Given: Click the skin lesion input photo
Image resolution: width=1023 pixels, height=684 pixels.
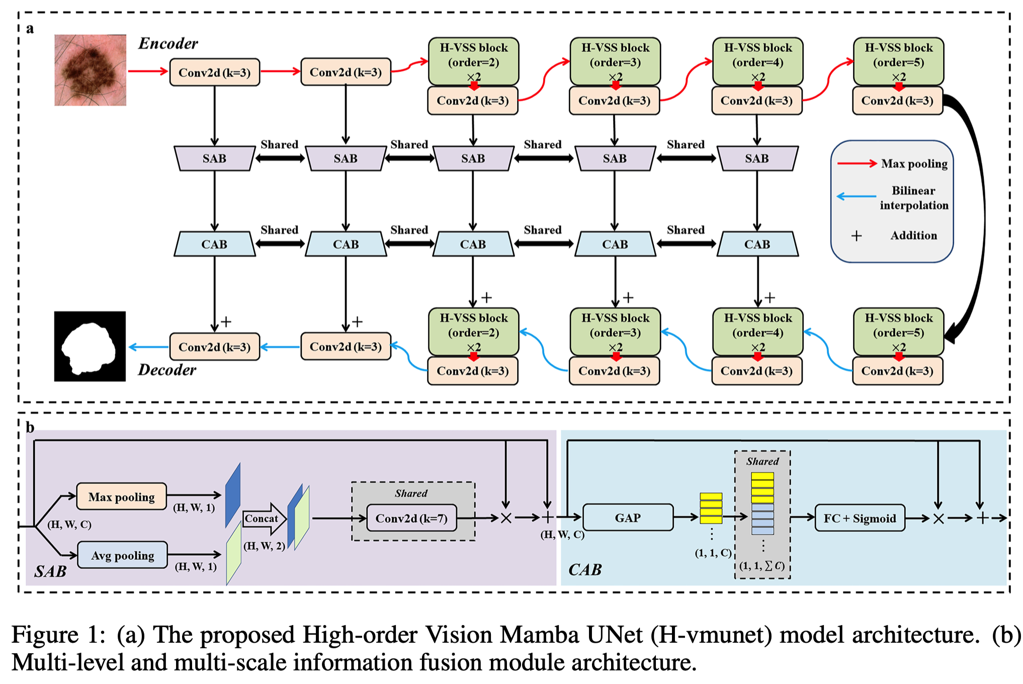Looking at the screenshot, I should pos(90,70).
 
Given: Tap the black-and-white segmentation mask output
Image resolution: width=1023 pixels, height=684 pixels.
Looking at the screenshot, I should pos(90,346).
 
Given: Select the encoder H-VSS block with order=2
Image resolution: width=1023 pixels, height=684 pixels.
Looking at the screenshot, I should pos(473,61).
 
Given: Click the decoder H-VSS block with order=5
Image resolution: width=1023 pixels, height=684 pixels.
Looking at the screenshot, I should pos(898,332).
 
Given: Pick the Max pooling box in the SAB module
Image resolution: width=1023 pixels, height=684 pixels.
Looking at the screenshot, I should pos(121,497).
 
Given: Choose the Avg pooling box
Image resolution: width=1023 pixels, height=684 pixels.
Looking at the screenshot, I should pos(123,555).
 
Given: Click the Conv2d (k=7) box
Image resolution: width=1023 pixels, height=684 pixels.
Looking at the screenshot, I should pos(411,518).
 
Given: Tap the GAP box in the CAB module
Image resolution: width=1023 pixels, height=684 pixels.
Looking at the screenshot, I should pos(628,518).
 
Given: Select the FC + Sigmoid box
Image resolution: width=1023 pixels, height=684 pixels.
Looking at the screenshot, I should pos(860,518).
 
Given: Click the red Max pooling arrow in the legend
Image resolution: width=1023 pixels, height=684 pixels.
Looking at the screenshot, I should pos(857,163).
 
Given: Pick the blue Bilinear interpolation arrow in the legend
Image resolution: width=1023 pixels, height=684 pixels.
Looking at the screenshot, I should pos(856,197).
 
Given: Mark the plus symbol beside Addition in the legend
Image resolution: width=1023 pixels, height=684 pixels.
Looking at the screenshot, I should pos(857,235).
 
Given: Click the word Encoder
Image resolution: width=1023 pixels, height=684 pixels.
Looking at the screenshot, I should pos(168,44).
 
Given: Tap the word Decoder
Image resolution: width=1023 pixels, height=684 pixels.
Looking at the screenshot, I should pos(167,370).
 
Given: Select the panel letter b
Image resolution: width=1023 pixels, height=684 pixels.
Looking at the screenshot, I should pos(30,427).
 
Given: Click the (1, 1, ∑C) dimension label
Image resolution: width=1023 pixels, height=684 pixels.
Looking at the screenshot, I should pos(762,566).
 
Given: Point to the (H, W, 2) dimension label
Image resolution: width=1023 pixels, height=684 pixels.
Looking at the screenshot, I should pos(264,546).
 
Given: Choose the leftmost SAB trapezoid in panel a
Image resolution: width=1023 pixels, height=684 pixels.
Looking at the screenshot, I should pos(214,158).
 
